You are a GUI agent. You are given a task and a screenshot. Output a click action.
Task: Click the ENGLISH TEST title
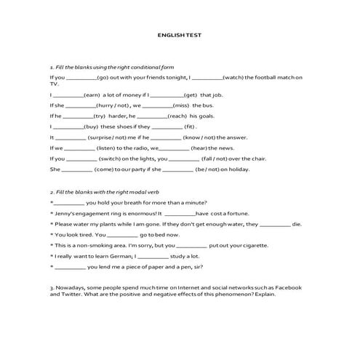pyautogui.click(x=180, y=34)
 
